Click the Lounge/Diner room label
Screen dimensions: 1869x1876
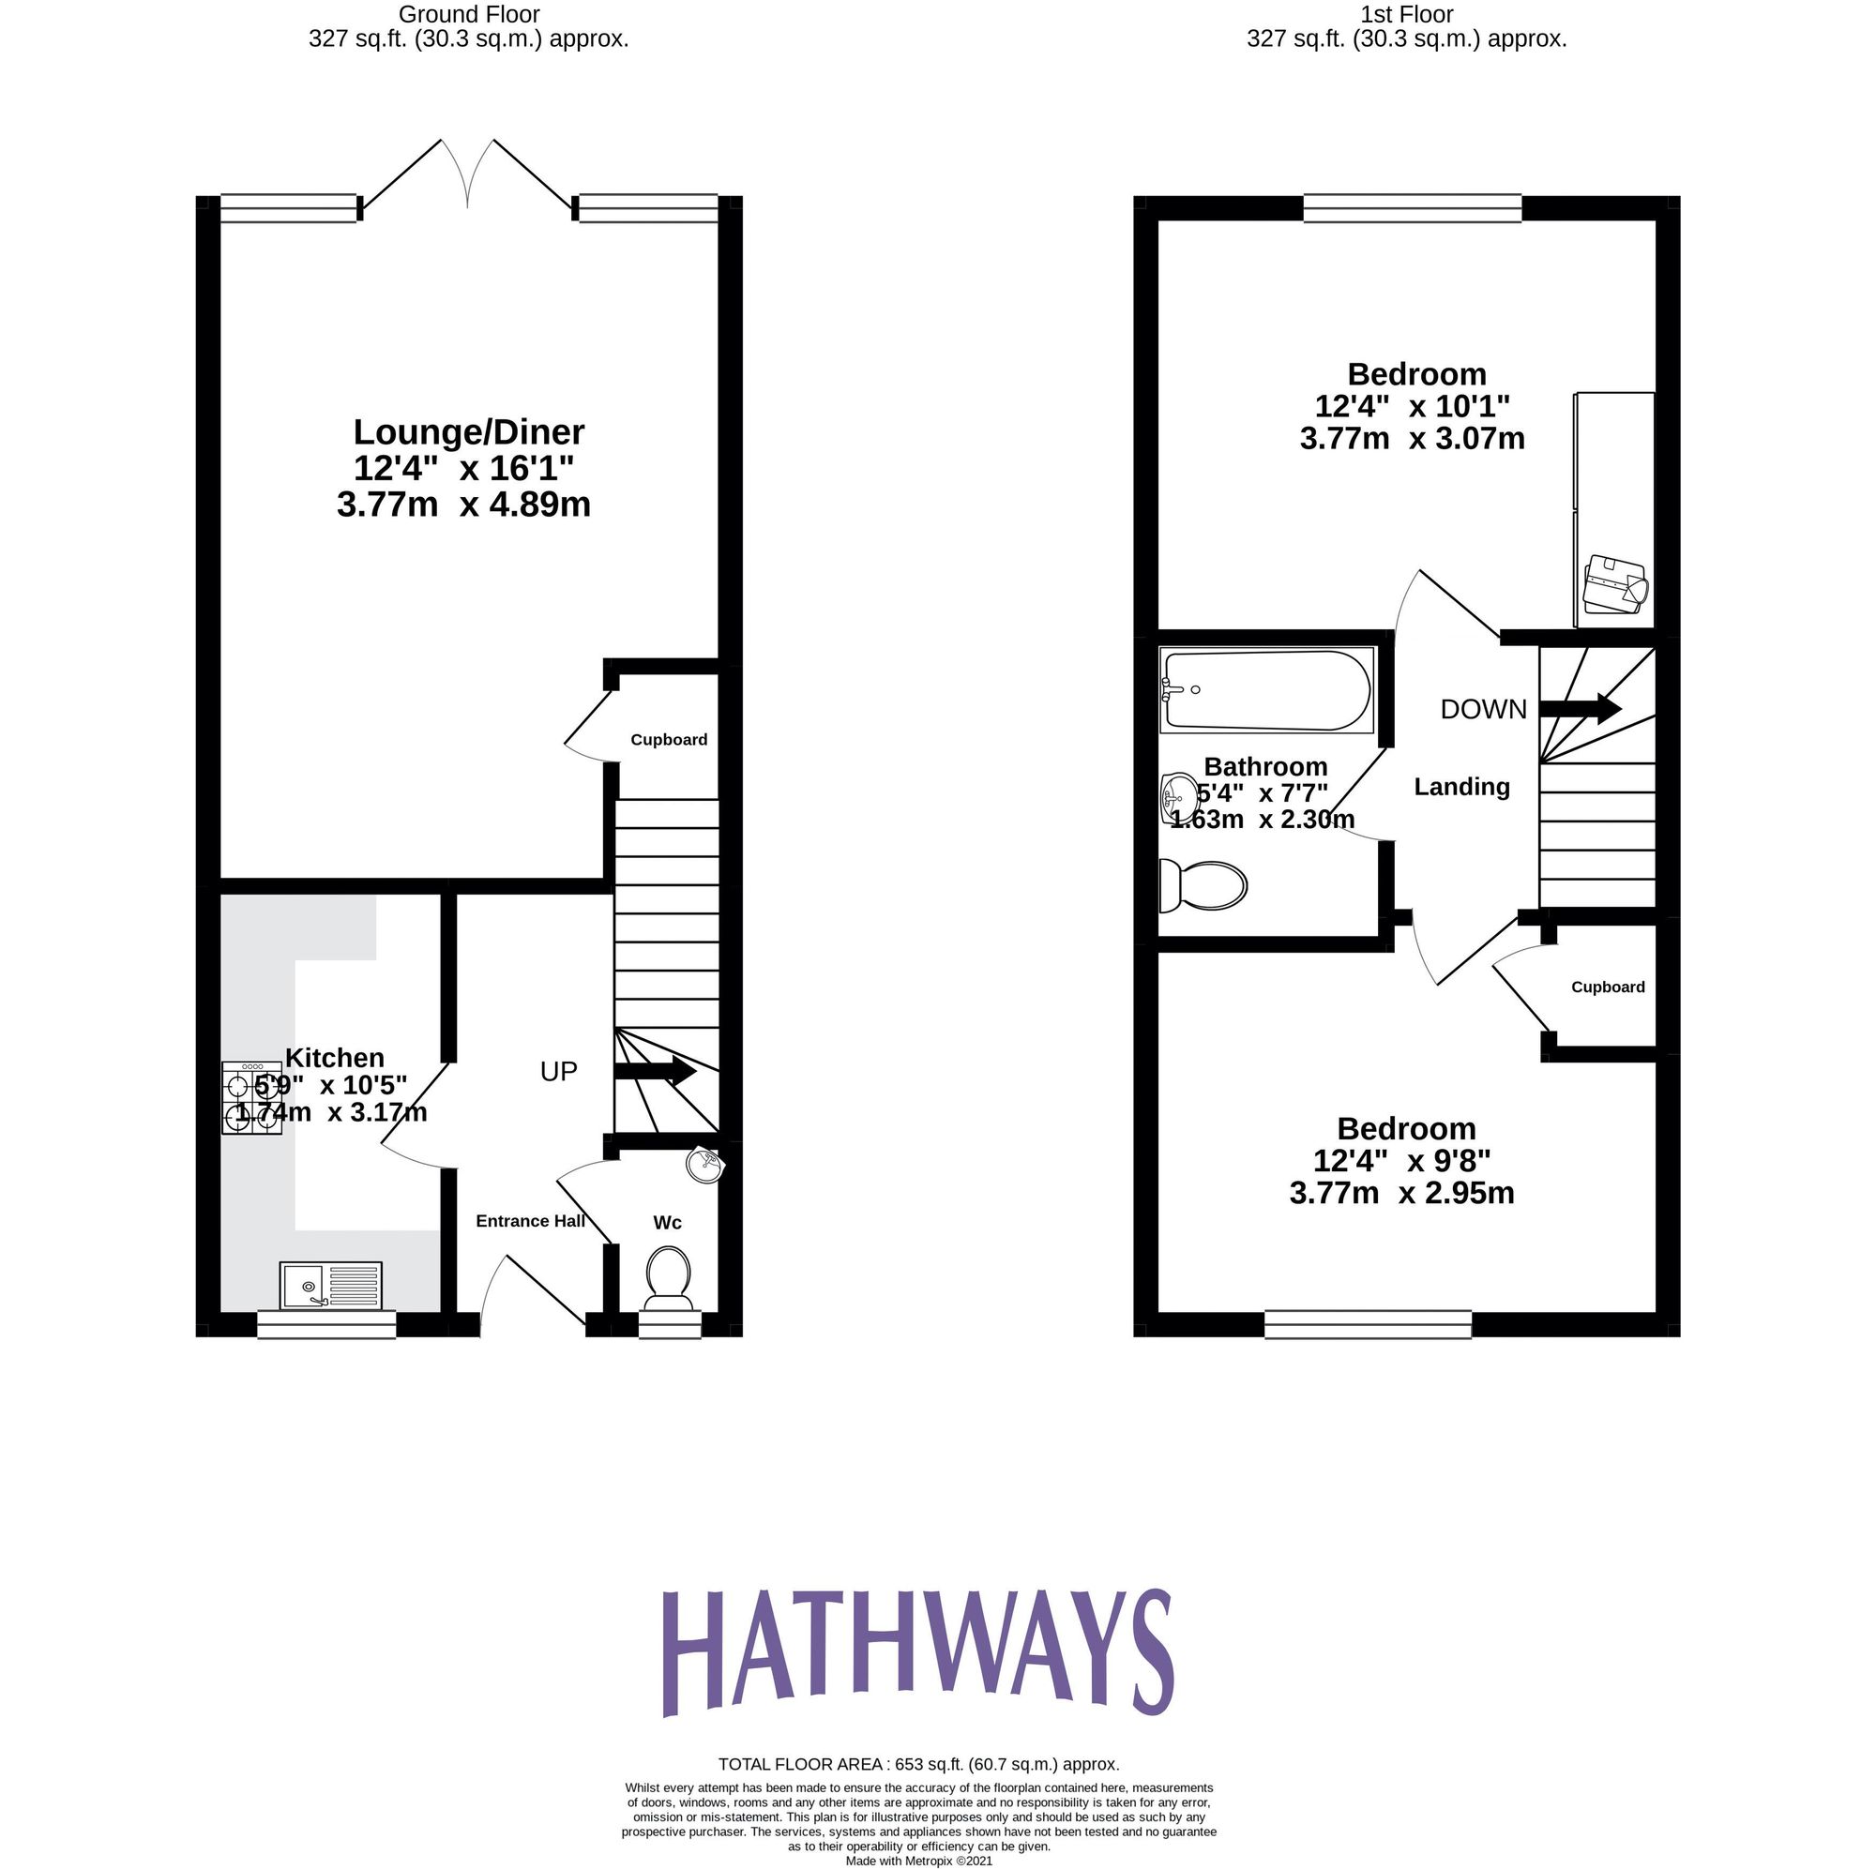coord(468,432)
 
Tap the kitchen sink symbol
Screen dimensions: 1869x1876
coord(330,1286)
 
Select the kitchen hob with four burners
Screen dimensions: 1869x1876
coord(251,1098)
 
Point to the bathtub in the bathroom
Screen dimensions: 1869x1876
coord(1266,690)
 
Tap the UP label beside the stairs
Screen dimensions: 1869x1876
coord(558,1072)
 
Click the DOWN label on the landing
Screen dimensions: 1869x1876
coord(1483,710)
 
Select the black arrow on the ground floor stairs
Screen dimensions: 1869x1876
coord(655,1072)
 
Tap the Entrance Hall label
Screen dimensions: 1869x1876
coord(530,1221)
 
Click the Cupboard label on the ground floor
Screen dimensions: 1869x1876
coord(668,740)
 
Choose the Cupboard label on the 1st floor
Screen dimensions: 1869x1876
coord(1608,987)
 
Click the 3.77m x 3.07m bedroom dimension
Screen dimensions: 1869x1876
coord(1412,439)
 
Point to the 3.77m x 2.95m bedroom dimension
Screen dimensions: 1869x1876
coord(1401,1193)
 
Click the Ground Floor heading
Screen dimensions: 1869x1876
coord(468,15)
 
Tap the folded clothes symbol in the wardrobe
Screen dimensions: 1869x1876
coord(1616,585)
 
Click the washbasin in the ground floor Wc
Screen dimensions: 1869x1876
coord(704,1165)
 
